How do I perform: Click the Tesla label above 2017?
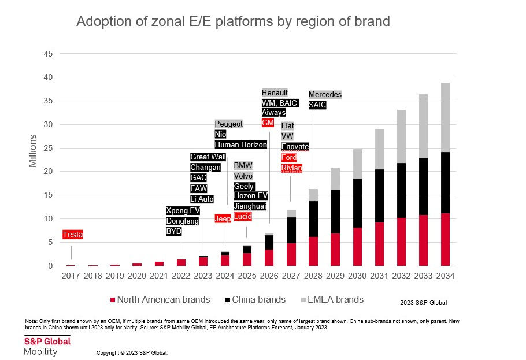[72, 235]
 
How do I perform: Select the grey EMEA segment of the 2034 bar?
[445, 117]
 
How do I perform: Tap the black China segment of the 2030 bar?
[357, 203]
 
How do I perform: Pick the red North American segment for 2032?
[401, 242]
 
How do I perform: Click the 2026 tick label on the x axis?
[269, 276]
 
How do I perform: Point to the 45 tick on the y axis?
[49, 54]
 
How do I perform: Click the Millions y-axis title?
[34, 151]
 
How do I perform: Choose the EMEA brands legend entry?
[335, 299]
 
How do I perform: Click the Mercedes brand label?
[325, 94]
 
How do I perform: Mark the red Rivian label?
[291, 168]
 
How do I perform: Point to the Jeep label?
[223, 218]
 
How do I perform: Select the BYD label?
[173, 231]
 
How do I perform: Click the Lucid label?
[242, 216]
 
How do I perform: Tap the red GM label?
[268, 123]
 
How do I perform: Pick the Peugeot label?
[229, 124]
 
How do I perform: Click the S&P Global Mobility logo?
[47, 346]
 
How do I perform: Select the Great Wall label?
[208, 157]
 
